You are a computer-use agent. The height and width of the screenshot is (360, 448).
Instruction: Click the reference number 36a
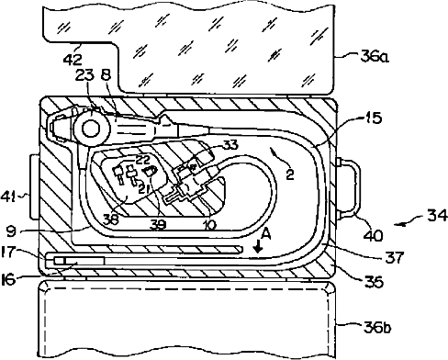375,57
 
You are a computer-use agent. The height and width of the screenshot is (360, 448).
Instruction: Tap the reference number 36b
377,328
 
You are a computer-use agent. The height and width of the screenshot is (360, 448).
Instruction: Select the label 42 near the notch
73,60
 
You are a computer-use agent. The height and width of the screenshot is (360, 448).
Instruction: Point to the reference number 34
437,215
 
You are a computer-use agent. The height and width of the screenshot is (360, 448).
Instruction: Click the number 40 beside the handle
373,235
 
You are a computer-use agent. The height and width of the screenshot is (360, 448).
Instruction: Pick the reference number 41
8,197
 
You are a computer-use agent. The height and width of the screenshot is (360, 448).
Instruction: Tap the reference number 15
373,118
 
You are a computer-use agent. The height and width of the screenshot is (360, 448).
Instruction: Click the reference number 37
395,257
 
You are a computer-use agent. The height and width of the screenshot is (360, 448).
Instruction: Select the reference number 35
374,282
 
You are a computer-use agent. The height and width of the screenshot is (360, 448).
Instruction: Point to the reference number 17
8,253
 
